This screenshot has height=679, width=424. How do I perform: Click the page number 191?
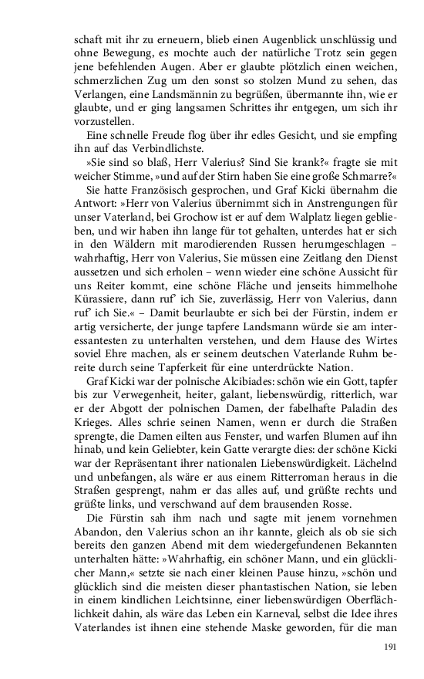point(390,646)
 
